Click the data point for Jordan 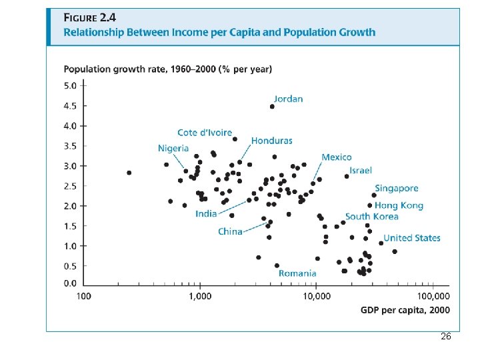[272, 107]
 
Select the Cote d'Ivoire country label [205, 133]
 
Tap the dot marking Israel [347, 176]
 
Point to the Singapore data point [374, 195]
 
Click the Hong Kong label [399, 206]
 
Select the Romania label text [297, 273]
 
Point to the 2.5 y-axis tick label [70, 186]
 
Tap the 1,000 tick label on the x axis [200, 296]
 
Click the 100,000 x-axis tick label [433, 296]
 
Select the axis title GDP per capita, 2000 [405, 310]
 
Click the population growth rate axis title [168, 69]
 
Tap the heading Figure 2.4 [90, 18]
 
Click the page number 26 [446, 336]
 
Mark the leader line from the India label [233, 207]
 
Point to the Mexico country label [337, 157]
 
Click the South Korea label [371, 217]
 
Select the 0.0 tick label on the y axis [70, 283]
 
